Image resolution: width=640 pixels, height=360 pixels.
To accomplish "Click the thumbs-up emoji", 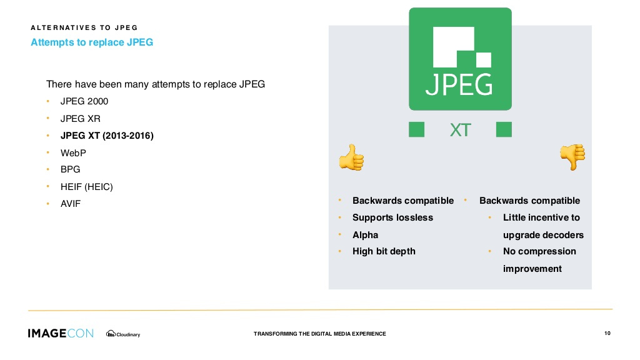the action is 351,157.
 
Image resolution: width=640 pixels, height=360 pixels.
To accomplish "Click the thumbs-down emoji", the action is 572,157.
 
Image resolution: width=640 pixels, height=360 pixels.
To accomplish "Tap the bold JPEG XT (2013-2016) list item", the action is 107,136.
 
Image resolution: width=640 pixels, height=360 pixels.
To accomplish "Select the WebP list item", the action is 73,153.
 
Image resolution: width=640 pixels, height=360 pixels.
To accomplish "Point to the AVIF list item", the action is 71,204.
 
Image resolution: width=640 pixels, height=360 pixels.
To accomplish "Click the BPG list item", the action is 70,169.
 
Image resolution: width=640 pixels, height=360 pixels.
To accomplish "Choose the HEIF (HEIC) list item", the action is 86,187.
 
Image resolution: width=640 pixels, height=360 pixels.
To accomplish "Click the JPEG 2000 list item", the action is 84,101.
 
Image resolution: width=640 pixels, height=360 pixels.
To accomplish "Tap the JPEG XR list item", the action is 81,119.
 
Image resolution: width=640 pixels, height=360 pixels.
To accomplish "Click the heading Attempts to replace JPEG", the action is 92,42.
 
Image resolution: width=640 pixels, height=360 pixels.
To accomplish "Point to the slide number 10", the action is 607,334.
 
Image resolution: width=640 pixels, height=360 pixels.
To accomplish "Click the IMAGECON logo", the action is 61,334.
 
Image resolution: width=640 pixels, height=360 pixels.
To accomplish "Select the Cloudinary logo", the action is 123,334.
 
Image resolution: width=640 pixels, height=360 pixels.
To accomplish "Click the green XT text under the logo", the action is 461,130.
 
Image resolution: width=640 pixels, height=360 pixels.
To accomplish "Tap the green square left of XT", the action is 416,129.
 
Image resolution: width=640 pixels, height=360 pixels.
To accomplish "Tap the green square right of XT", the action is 504,129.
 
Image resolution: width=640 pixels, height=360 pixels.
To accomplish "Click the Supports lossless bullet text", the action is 392,217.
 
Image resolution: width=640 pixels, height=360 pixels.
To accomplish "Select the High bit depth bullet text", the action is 384,251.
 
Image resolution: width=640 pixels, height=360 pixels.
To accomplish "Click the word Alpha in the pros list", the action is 365,235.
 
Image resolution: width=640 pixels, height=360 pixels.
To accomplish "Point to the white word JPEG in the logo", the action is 459,84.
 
